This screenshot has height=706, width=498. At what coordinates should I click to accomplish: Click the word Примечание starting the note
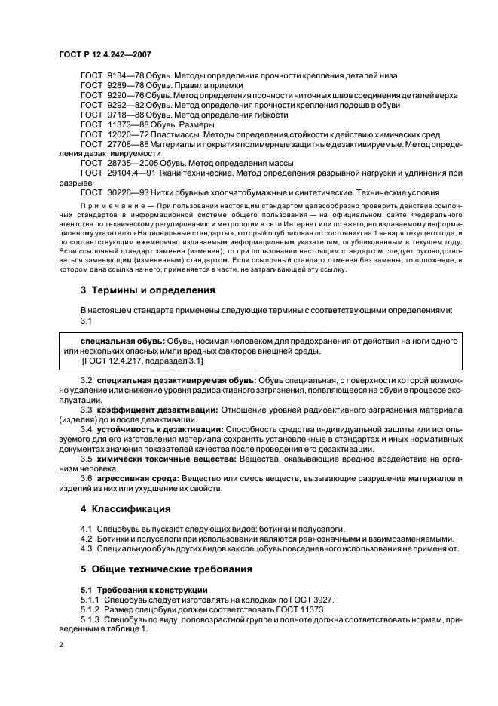click(109, 205)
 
